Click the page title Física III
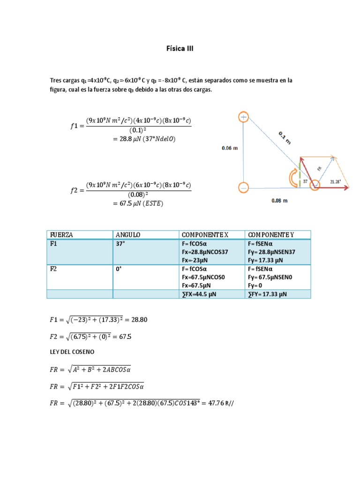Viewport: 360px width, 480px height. (180, 48)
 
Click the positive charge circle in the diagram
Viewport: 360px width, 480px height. (244, 117)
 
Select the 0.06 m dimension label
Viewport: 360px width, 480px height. (230, 148)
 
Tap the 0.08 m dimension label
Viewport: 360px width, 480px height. (279, 201)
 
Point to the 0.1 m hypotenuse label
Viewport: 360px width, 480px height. (285, 137)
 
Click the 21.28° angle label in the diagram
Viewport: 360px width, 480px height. (336, 181)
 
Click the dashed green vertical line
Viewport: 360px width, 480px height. (299, 176)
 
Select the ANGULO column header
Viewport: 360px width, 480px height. (127, 234)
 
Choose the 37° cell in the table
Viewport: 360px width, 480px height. (120, 243)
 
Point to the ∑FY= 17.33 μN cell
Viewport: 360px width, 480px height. (268, 294)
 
